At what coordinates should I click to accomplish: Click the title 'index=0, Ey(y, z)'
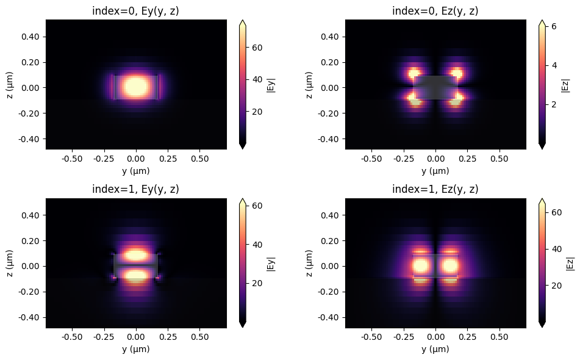pyautogui.click(x=136, y=10)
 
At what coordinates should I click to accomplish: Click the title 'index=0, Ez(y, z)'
pyautogui.click(x=435, y=10)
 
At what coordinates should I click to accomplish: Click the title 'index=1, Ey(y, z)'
pyautogui.click(x=136, y=189)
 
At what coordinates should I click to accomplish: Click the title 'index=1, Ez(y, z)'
pyautogui.click(x=435, y=189)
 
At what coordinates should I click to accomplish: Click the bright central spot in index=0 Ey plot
pyautogui.click(x=136, y=85)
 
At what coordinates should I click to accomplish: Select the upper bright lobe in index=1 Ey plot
pyautogui.click(x=136, y=255)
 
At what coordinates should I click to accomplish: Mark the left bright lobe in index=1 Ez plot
pyautogui.click(x=420, y=266)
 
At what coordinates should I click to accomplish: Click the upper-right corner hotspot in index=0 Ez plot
pyautogui.click(x=456, y=74)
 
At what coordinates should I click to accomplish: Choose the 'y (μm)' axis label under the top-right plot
pyautogui.click(x=435, y=170)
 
